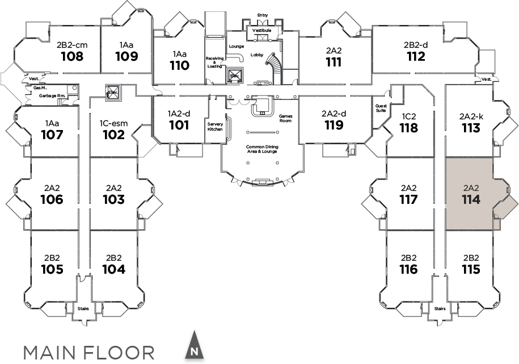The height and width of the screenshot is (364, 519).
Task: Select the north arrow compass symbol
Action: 194,346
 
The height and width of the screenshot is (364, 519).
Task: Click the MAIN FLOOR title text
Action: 88,352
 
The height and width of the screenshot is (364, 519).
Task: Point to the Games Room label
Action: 285,118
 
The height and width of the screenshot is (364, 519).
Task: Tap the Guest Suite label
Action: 381,108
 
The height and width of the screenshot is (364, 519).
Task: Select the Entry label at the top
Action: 262,15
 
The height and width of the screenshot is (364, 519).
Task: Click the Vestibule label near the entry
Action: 261,30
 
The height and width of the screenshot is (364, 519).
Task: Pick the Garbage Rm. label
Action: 50,96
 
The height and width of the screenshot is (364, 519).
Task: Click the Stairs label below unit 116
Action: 440,309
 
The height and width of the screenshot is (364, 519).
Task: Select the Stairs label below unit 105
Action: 83,309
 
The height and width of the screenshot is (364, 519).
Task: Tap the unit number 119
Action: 334,124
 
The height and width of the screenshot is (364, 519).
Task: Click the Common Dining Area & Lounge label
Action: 261,149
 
